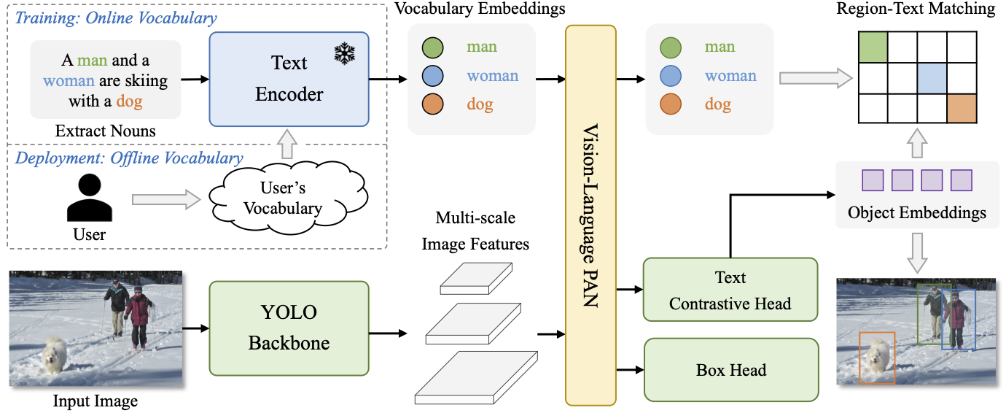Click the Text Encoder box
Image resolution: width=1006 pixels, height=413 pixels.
click(289, 78)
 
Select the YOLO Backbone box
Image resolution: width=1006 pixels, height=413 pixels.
click(289, 328)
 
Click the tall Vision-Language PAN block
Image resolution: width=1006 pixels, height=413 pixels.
click(590, 215)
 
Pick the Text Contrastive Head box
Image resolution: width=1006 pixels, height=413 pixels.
click(730, 290)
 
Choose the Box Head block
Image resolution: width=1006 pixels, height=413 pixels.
click(730, 369)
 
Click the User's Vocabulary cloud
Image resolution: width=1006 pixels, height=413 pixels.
click(283, 198)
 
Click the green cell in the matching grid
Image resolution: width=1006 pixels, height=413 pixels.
click(873, 47)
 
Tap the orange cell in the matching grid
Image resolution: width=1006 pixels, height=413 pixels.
click(962, 109)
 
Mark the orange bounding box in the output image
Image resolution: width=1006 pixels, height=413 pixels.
click(877, 358)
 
